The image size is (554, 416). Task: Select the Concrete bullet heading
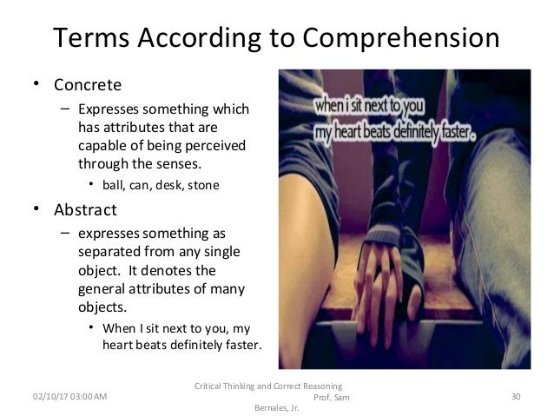[83, 85]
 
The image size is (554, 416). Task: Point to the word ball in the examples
[114, 184]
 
